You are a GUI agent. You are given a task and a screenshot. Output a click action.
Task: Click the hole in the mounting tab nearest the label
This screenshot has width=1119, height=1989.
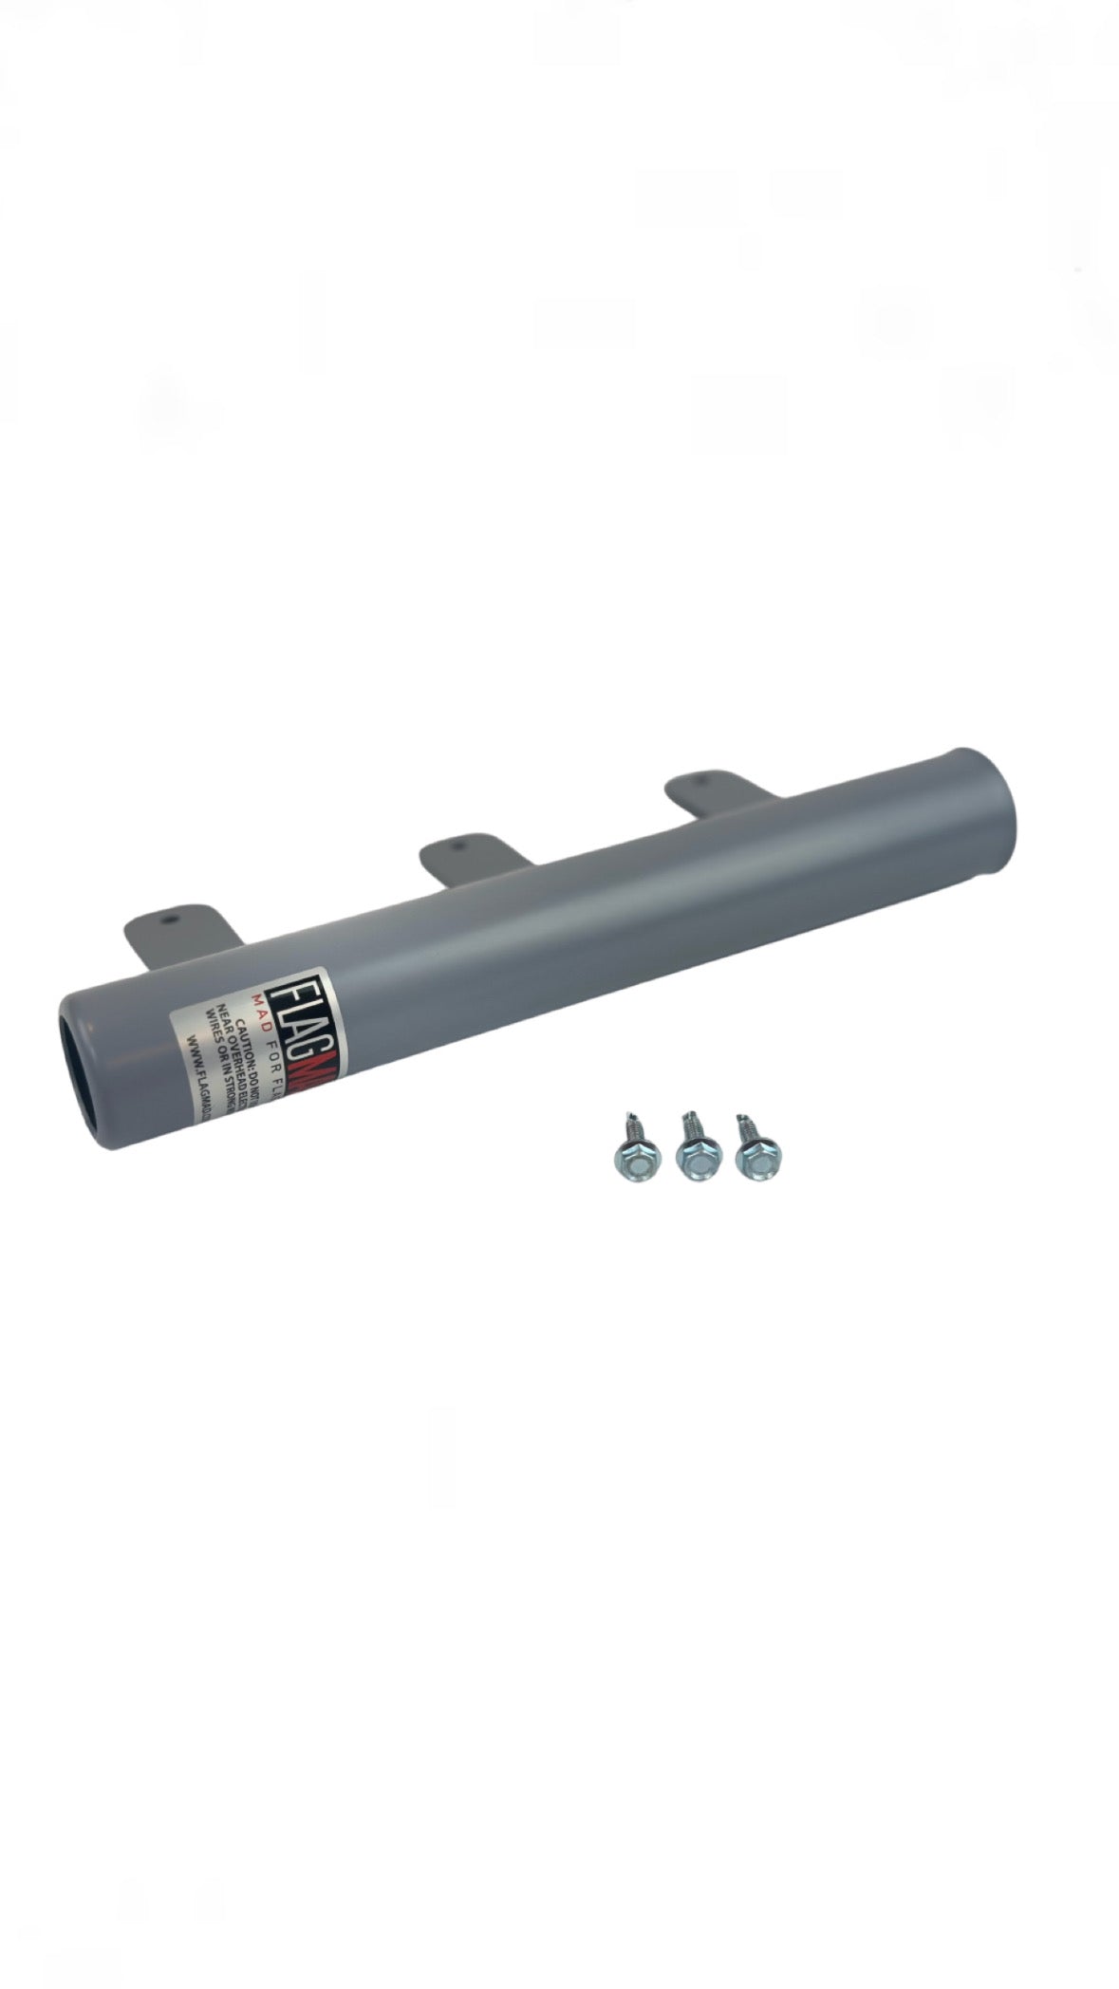tap(170, 920)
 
